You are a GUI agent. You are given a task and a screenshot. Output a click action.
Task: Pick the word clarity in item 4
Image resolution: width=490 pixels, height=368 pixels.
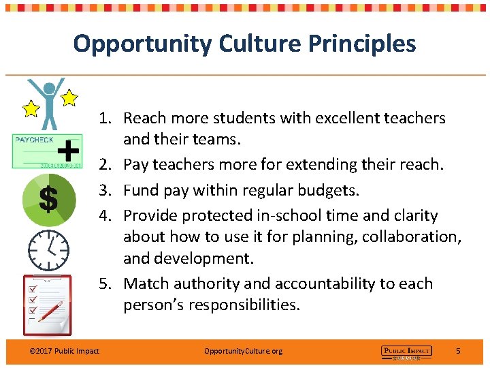pos(415,215)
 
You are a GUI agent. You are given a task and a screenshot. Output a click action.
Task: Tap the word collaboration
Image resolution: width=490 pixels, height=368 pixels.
pos(410,237)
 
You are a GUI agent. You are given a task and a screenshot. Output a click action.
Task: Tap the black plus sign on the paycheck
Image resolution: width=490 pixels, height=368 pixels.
pos(68,149)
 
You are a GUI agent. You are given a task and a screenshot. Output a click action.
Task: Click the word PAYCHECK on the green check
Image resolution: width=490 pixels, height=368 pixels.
pos(34,140)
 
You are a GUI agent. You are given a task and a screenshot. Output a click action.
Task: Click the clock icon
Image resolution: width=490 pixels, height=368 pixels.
pos(48,250)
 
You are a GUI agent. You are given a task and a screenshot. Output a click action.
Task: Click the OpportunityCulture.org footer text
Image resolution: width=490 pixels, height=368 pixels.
pos(243,351)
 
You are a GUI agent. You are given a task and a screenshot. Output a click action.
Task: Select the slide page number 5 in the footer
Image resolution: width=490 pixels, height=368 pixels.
pos(458,351)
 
